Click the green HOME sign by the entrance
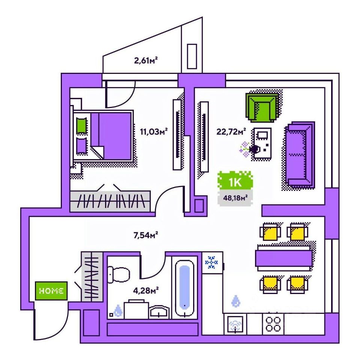click(x=51, y=291)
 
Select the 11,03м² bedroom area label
click(x=153, y=132)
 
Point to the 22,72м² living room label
click(x=231, y=131)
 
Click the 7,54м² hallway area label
click(x=145, y=235)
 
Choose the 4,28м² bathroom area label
click(x=145, y=289)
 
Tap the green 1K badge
click(x=235, y=183)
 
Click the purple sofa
click(x=299, y=154)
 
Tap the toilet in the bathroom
click(x=118, y=274)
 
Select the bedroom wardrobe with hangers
click(x=111, y=201)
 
